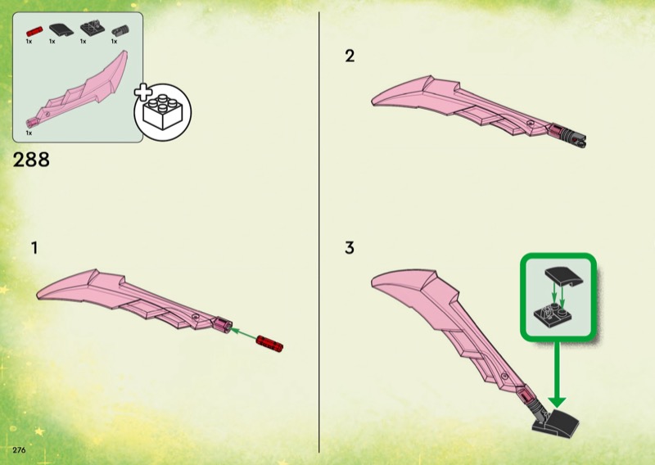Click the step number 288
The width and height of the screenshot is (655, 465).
[31, 160]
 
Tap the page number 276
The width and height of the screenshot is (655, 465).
[19, 450]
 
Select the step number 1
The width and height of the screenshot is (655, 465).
[34, 248]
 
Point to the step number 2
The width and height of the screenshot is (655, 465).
[350, 56]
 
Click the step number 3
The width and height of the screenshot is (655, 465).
[350, 248]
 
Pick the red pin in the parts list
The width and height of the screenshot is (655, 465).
[34, 31]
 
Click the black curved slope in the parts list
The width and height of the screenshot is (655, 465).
[61, 29]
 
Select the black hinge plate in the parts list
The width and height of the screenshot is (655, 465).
[93, 28]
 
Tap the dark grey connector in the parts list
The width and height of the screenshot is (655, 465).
[120, 30]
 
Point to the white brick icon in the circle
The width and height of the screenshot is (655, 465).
[163, 112]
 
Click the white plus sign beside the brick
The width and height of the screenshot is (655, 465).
[143, 93]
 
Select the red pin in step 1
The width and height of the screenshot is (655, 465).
[269, 343]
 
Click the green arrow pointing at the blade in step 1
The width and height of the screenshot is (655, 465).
[243, 334]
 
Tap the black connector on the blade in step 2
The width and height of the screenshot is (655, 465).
[572, 138]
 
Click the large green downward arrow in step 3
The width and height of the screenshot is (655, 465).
[557, 374]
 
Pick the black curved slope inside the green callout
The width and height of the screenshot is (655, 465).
[563, 276]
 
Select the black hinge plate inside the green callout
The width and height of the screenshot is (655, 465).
[552, 316]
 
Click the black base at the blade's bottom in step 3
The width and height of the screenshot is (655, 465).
[556, 424]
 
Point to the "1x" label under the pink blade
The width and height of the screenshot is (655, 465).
[29, 133]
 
